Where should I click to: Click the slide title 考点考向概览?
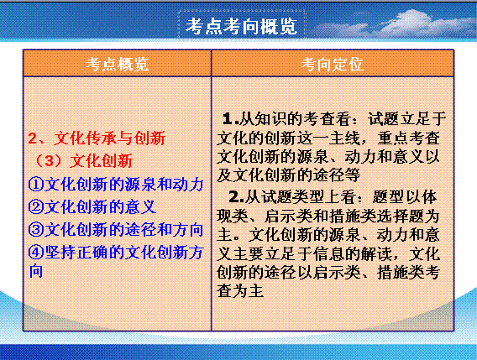tap(241, 26)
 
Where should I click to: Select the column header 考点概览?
tap(118, 64)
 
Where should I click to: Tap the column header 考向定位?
tap(333, 64)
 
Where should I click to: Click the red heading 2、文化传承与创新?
tap(97, 138)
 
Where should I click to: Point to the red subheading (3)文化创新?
tap(84, 160)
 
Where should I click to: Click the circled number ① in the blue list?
tap(36, 184)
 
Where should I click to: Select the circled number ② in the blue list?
tap(36, 206)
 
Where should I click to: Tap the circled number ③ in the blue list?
tap(36, 230)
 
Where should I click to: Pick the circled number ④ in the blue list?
tap(36, 252)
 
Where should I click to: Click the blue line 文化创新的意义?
tap(101, 206)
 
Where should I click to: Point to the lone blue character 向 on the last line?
tap(36, 271)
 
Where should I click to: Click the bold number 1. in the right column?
tap(231, 118)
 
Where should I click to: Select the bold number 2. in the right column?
tap(237, 197)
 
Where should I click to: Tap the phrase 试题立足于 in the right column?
tap(407, 118)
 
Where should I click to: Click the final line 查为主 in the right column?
tap(240, 290)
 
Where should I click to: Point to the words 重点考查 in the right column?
tap(408, 138)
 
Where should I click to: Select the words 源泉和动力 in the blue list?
tap(164, 184)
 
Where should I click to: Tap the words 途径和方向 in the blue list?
tap(164, 230)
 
